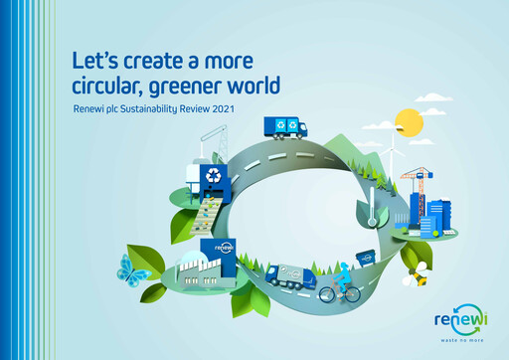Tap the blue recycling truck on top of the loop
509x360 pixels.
286,127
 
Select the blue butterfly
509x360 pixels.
132,269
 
